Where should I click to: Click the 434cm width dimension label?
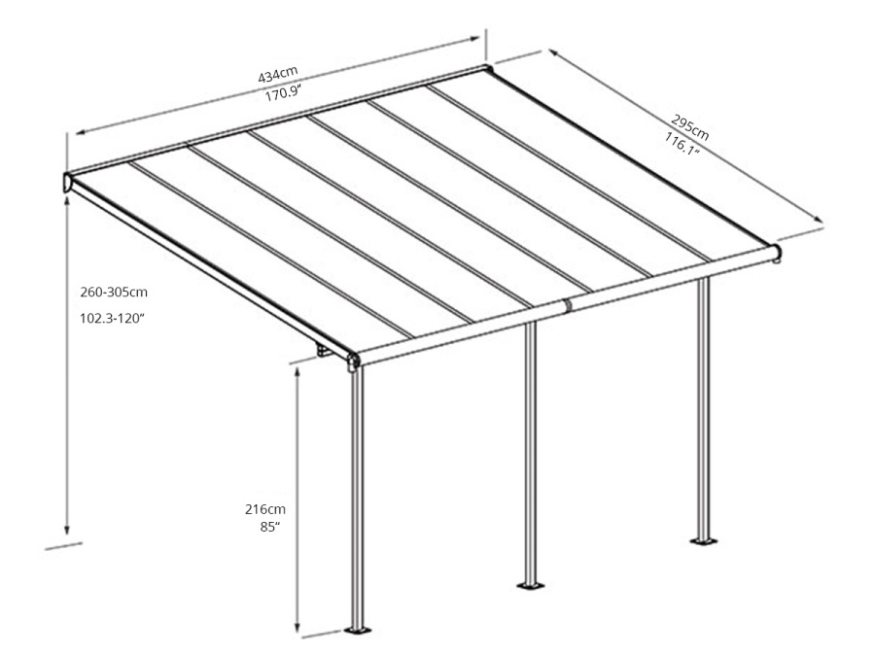[278, 76]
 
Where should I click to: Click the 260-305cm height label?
[114, 292]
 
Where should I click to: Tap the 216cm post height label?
[264, 508]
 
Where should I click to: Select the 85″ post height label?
[270, 527]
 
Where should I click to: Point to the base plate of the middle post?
[530, 585]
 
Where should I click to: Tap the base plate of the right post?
[702, 540]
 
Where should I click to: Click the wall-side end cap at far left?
[67, 182]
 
